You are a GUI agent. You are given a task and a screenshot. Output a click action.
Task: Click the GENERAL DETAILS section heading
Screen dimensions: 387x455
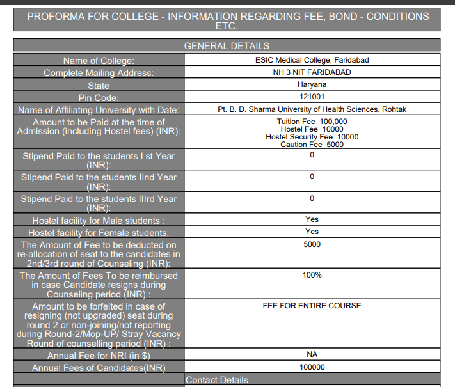coord(227,46)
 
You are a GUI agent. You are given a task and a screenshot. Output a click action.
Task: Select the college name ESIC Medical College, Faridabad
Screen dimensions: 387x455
coord(312,60)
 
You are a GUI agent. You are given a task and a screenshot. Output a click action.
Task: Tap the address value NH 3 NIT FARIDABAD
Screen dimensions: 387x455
coord(312,72)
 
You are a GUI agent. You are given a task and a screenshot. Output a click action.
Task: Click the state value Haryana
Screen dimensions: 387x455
coord(312,84)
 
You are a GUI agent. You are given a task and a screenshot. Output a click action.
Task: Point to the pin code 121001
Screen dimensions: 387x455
coord(312,97)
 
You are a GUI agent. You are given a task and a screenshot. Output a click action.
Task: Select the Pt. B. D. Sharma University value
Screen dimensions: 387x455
coord(312,109)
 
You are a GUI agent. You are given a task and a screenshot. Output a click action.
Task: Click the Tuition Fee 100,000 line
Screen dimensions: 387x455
coord(312,122)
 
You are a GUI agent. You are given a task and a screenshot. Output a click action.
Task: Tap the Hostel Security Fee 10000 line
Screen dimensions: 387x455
coord(312,137)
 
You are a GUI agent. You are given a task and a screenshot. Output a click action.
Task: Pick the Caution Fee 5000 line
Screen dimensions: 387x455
coord(312,145)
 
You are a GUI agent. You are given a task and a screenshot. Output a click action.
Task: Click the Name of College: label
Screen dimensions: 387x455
coord(99,61)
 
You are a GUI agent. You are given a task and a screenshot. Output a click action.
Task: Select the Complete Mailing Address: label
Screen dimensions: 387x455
coord(99,73)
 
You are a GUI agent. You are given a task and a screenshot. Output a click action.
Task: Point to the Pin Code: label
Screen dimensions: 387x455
coord(99,98)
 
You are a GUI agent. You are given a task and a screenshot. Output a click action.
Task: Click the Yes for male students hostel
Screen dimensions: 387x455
coord(312,219)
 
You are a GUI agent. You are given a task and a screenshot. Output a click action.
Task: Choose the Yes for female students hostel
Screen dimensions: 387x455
coord(312,232)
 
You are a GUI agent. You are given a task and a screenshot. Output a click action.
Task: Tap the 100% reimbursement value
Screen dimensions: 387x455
coord(312,275)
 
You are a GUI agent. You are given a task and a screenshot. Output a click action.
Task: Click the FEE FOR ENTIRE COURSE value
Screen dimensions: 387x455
coord(312,306)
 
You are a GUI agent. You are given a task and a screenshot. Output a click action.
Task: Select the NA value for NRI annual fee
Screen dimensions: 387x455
coord(312,354)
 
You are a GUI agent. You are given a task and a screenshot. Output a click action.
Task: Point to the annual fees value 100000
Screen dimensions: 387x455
coord(312,367)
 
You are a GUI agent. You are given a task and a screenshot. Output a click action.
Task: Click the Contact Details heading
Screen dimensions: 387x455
coord(217,380)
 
